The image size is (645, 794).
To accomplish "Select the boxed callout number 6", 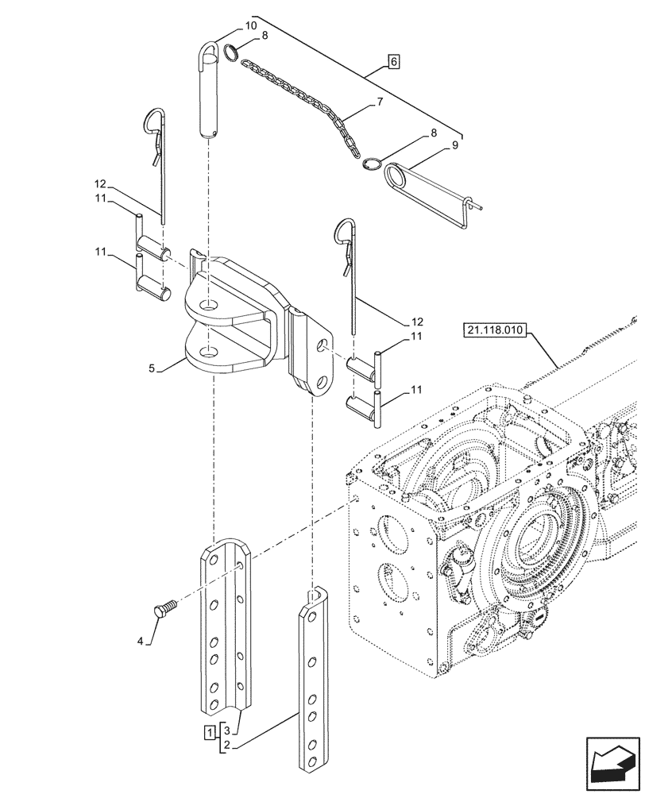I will pyautogui.click(x=395, y=60).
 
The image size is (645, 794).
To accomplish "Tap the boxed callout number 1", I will pyautogui.click(x=208, y=730).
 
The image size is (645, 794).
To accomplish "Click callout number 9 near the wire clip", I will pyautogui.click(x=454, y=145).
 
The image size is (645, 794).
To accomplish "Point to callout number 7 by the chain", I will pyautogui.click(x=380, y=102).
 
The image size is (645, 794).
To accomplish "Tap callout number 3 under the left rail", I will pyautogui.click(x=226, y=730).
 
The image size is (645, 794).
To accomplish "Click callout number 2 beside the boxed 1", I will pyautogui.click(x=226, y=745).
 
